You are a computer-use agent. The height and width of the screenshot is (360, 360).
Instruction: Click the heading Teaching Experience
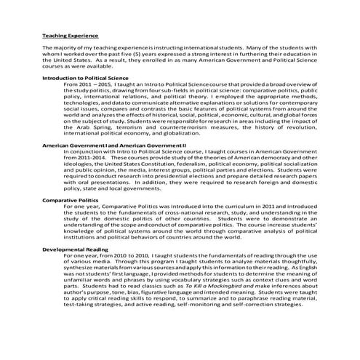(71, 34)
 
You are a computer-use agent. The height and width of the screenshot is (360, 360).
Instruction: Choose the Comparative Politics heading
(72, 219)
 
